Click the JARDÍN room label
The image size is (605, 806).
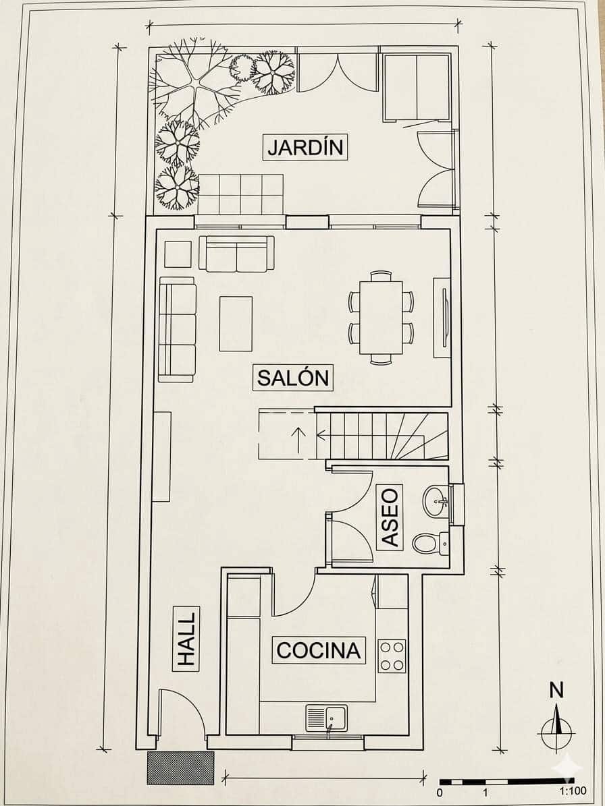tap(305, 147)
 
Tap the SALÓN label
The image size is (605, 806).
tap(293, 378)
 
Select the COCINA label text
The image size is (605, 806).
tap(319, 650)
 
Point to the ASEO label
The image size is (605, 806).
tap(390, 517)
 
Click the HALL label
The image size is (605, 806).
tap(186, 639)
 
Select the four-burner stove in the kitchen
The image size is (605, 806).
tap(392, 656)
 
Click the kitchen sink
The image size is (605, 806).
tap(327, 718)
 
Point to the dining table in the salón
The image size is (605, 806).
tap(381, 317)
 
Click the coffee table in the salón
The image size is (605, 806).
tap(236, 323)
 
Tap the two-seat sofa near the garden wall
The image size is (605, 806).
tap(236, 254)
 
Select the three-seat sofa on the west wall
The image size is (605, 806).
tap(177, 330)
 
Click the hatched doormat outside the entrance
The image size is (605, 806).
tap(180, 768)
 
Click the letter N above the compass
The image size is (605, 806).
tap(556, 691)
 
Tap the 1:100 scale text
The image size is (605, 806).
tap(573, 792)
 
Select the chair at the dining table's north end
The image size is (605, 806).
tap(381, 275)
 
